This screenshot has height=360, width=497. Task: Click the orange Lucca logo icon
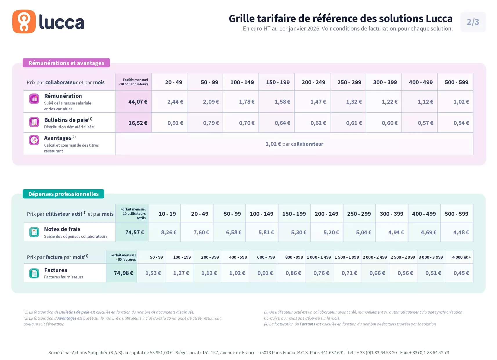click(24, 22)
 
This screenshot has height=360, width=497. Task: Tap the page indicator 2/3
click(473, 22)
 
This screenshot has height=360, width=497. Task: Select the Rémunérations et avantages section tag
click(66, 63)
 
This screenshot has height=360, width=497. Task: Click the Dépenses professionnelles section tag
click(63, 194)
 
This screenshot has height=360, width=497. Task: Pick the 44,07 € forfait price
click(138, 102)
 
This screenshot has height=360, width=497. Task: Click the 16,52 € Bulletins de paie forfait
click(138, 123)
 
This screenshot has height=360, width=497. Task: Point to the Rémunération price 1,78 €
click(247, 102)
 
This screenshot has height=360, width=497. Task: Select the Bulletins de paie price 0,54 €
click(461, 123)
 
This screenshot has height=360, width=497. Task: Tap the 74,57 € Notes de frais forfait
click(135, 233)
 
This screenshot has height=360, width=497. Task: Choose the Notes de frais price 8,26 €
click(169, 233)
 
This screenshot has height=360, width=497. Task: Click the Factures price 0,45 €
click(461, 273)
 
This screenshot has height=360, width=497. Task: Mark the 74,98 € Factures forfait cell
click(123, 273)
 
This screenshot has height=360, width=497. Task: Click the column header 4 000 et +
click(461, 257)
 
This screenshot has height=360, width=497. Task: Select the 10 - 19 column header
click(167, 214)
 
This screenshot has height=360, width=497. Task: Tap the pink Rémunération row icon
click(34, 99)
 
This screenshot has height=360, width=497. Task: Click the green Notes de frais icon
click(34, 232)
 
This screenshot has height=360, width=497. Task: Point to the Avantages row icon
click(34, 140)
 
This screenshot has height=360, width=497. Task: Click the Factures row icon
click(34, 273)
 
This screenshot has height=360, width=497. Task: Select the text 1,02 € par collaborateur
click(294, 144)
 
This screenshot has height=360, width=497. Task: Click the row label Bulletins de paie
click(66, 120)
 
